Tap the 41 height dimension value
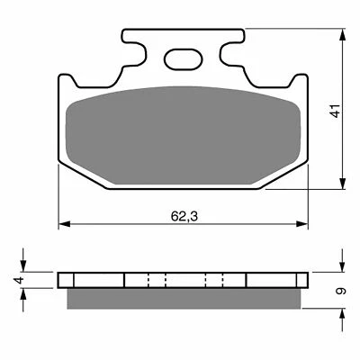pyautogui.click(x=335, y=112)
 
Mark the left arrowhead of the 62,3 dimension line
pyautogui.click(x=63, y=223)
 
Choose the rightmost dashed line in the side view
pyautogui.click(x=224, y=280)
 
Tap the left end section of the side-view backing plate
pyautogui.click(x=90, y=280)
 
